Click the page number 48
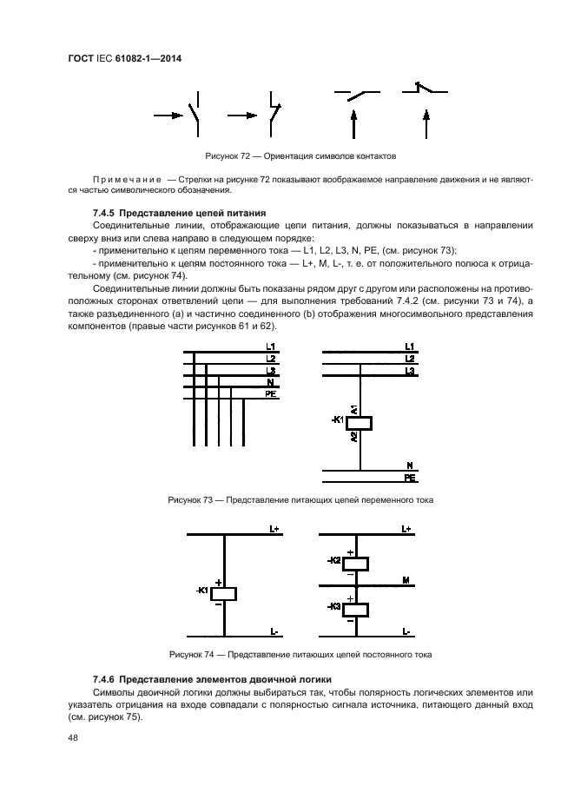73,738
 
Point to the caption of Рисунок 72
300,157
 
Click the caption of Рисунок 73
300,500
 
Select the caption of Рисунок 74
300,654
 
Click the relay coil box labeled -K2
357,563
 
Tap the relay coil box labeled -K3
357,608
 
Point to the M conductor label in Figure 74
406,579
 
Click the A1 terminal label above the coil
353,408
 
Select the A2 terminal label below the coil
353,439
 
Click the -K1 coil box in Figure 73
359,423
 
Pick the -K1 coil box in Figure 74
224,593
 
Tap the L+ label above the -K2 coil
406,529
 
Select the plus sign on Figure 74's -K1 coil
219,583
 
